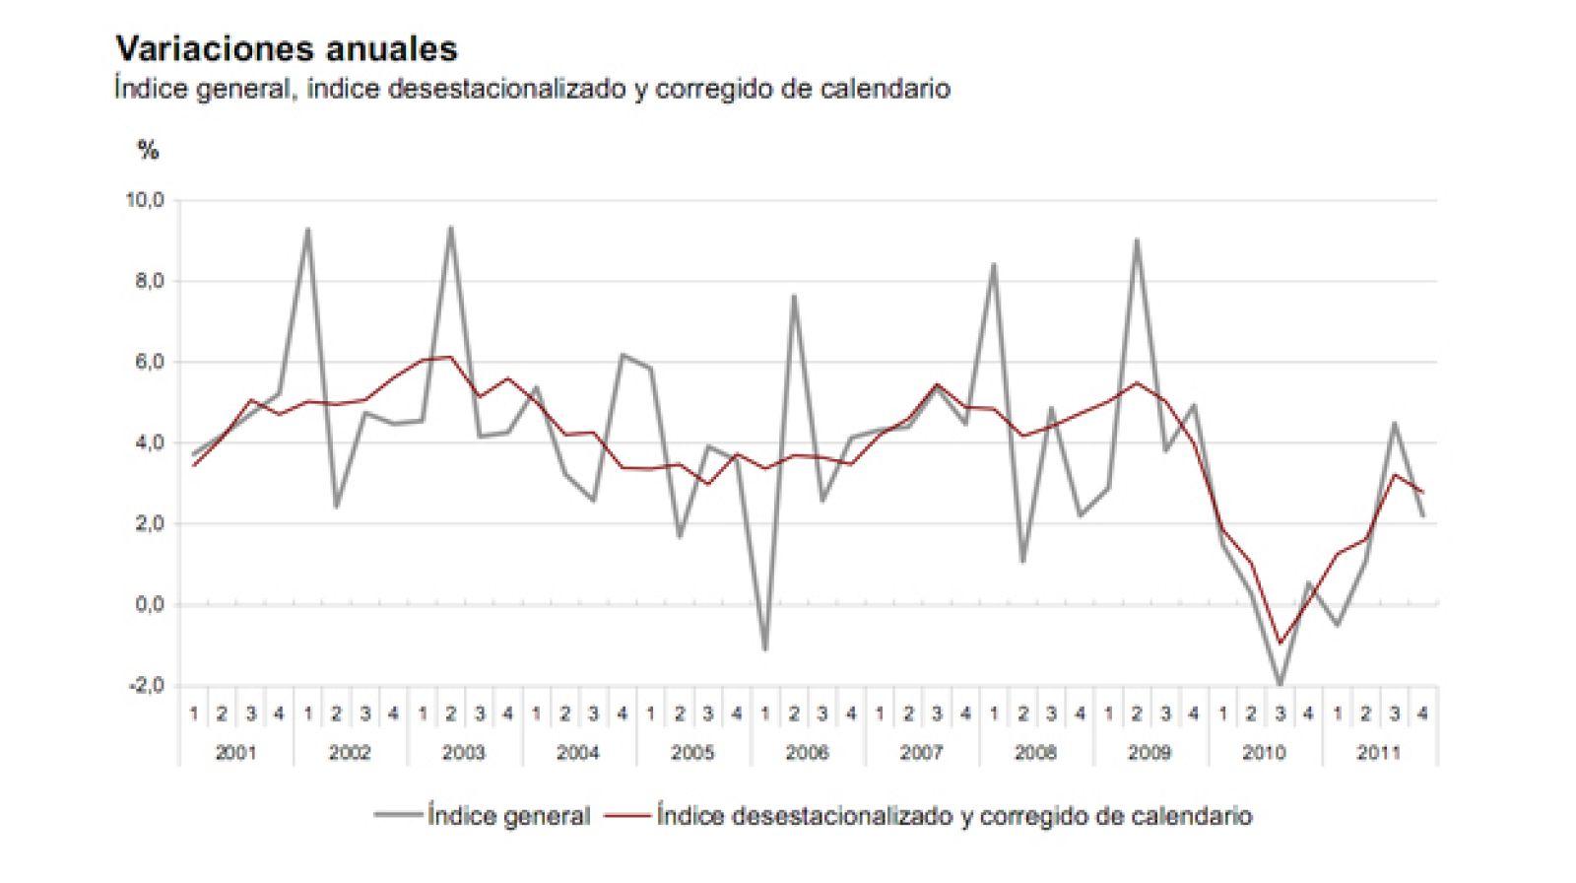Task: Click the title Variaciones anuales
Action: pyautogui.click(x=286, y=48)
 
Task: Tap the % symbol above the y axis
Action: pyautogui.click(x=148, y=150)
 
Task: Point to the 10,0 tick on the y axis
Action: pyautogui.click(x=144, y=200)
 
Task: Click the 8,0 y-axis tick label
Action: pyautogui.click(x=149, y=281)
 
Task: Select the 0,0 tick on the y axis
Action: pyautogui.click(x=149, y=604)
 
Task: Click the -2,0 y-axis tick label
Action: pyautogui.click(x=146, y=685)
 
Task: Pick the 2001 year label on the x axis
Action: pyautogui.click(x=235, y=753)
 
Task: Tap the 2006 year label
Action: pyautogui.click(x=807, y=753)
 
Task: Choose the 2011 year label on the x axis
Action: pyautogui.click(x=1378, y=753)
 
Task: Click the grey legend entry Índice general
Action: pyautogui.click(x=508, y=816)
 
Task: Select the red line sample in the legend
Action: pyautogui.click(x=626, y=816)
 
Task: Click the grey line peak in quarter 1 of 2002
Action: pyautogui.click(x=307, y=230)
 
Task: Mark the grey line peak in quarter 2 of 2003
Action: pyautogui.click(x=450, y=228)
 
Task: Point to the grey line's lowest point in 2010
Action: pyautogui.click(x=1280, y=684)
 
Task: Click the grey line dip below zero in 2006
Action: pyautogui.click(x=765, y=649)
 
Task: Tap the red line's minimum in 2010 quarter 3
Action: pyautogui.click(x=1280, y=644)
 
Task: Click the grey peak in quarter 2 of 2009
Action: pyautogui.click(x=1137, y=239)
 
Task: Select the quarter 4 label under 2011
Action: pyautogui.click(x=1421, y=713)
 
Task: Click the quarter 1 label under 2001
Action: pyautogui.click(x=194, y=713)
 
